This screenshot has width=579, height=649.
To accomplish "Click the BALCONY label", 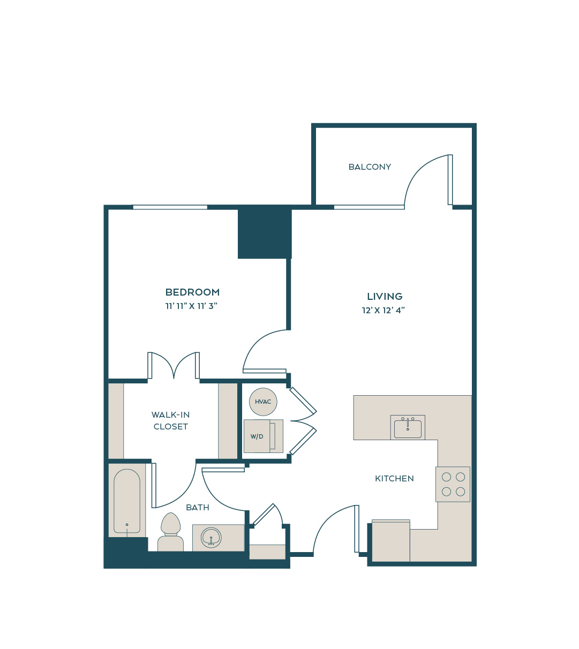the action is click(370, 167).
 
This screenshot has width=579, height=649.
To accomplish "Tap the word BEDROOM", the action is click(192, 292).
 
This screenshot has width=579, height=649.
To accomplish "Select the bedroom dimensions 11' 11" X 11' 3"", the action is click(191, 306).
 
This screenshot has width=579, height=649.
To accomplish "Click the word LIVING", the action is click(385, 296).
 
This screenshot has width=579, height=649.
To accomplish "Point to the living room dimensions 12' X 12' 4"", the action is click(383, 310).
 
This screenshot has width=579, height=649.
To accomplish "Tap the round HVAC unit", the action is click(263, 402).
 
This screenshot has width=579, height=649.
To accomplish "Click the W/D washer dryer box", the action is click(264, 436).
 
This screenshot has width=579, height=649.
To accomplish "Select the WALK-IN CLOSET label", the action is click(170, 420).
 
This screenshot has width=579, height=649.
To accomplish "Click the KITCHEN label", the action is click(394, 479).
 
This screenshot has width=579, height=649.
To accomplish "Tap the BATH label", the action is click(198, 508).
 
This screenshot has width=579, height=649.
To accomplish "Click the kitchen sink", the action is click(408, 428).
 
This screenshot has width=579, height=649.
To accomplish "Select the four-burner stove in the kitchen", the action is click(453, 484).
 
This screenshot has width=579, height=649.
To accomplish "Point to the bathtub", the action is click(127, 501).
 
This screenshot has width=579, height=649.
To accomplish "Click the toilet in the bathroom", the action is click(170, 532).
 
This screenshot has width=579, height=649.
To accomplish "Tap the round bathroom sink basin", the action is click(211, 538).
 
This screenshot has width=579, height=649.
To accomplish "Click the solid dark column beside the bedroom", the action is click(265, 233).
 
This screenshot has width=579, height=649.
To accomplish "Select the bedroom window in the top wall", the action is click(170, 207).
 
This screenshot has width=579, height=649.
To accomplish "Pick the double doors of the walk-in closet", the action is click(174, 365).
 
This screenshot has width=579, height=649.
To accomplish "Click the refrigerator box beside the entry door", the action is click(391, 540).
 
